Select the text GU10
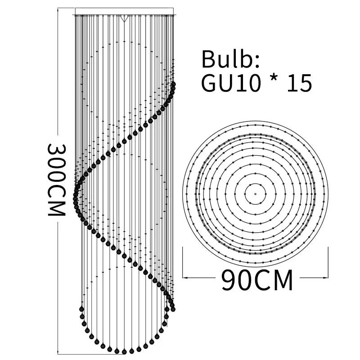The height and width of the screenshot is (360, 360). [231, 83]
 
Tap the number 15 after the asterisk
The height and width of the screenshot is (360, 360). [299, 83]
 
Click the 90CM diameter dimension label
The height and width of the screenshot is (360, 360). [257, 280]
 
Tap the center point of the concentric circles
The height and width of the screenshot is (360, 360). [255, 194]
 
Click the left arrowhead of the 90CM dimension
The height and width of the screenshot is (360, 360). [185, 278]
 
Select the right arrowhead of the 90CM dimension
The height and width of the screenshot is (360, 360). [325, 278]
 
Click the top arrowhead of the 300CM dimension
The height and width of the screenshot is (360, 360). [58, 9]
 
